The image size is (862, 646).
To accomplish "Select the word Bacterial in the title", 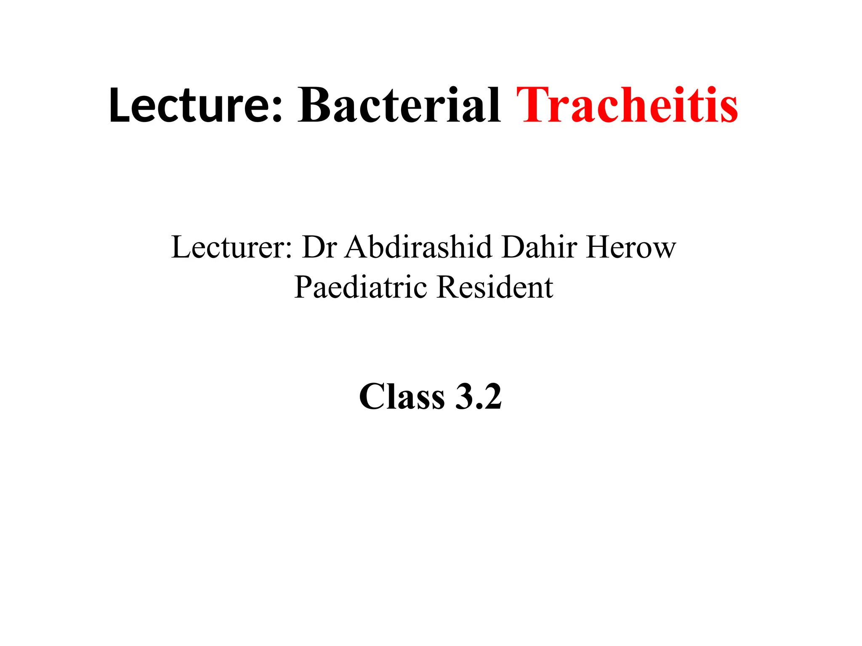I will click(x=399, y=105).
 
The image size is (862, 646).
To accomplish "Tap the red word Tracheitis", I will click(x=627, y=105).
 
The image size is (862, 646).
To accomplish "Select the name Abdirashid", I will click(x=418, y=247).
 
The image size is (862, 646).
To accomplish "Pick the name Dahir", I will click(x=539, y=247).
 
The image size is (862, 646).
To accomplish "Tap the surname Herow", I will click(x=631, y=247).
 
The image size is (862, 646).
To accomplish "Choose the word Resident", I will click(x=495, y=287).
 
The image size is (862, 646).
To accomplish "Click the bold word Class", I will click(x=402, y=397).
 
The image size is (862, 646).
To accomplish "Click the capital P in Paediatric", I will click(x=303, y=287).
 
